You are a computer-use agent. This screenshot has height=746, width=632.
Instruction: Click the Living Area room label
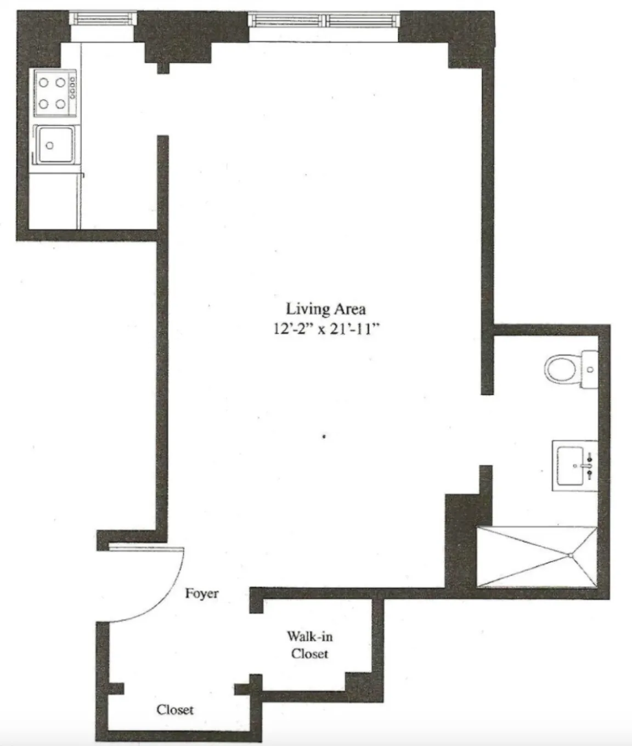tap(326, 309)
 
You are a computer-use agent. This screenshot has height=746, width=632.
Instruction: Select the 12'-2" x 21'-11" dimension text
tap(326, 330)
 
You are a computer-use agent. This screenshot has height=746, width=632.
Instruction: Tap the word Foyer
tap(201, 594)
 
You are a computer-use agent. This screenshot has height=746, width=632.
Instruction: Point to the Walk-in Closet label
tap(309, 645)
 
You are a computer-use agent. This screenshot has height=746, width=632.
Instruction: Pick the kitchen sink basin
tap(55, 144)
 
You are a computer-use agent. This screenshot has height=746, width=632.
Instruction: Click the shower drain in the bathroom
tap(571, 556)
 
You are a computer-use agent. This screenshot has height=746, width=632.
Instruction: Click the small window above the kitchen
tap(103, 19)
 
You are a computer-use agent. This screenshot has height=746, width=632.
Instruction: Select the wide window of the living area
tap(323, 20)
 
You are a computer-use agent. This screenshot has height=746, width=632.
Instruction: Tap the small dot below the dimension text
tap(325, 437)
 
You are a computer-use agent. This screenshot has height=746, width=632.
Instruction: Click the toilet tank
tap(590, 369)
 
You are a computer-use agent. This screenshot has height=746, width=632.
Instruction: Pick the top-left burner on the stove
tap(44, 83)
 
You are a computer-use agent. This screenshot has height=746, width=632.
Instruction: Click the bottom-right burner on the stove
tap(60, 104)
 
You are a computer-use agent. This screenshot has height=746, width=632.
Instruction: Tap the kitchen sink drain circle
tap(50, 145)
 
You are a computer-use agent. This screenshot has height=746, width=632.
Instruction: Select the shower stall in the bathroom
tap(537, 557)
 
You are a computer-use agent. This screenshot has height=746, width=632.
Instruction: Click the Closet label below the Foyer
tap(175, 710)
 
